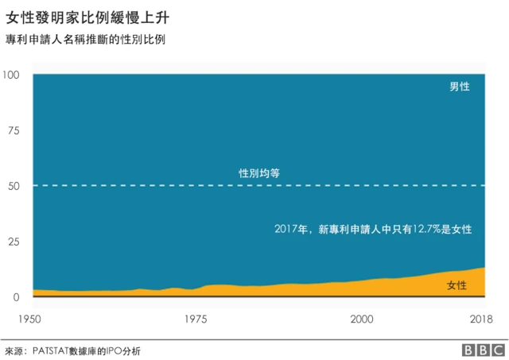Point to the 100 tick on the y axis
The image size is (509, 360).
point(11,75)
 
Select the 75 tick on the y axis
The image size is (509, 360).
point(14,130)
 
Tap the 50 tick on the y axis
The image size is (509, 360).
point(14,186)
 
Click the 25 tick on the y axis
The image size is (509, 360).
point(14,242)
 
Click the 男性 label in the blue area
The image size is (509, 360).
point(460,87)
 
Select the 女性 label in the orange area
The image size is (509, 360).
point(457,285)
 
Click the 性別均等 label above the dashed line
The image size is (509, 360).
point(258,172)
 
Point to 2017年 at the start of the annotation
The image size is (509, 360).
point(292,229)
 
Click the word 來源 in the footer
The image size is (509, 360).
point(15,350)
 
